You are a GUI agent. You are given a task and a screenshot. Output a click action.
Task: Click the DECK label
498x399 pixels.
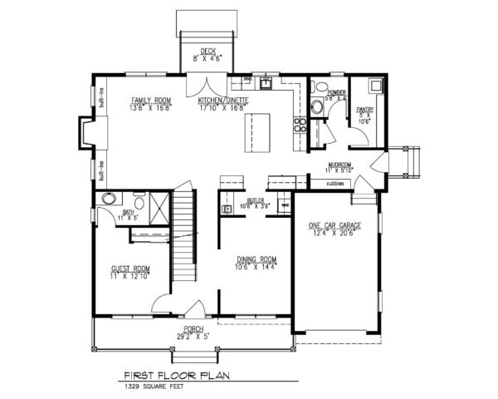[x=197, y=52]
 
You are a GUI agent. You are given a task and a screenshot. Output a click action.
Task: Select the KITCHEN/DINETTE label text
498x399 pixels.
[x=223, y=100]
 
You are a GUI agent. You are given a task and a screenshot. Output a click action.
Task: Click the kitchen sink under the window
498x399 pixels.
[x=266, y=83]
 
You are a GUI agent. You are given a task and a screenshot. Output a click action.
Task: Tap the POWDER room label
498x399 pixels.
[x=336, y=93]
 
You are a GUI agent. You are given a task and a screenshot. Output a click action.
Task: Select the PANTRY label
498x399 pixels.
[x=363, y=109]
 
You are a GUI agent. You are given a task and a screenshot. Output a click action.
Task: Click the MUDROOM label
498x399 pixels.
[x=340, y=165]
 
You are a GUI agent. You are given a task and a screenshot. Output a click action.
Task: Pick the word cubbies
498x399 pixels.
[x=335, y=184]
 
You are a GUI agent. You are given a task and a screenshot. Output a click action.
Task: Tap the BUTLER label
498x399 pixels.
[x=255, y=201]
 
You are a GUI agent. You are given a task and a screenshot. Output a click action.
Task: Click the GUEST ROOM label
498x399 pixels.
[x=129, y=269]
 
